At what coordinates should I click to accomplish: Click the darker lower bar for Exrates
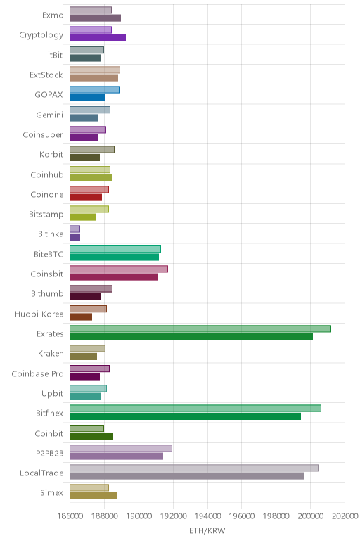click(x=191, y=337)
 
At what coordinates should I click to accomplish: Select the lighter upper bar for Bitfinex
click(x=195, y=408)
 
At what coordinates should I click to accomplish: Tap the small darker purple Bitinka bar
click(x=75, y=237)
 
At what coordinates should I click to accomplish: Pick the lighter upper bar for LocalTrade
click(x=194, y=468)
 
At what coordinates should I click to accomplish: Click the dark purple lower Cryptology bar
click(x=98, y=38)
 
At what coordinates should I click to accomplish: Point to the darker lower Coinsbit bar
click(x=114, y=277)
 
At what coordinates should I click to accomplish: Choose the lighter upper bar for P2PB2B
click(x=121, y=448)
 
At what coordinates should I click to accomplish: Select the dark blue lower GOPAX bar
click(x=87, y=98)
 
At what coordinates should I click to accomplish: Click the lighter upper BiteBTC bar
click(x=115, y=249)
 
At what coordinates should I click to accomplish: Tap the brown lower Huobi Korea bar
click(x=81, y=317)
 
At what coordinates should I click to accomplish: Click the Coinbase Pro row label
click(x=38, y=374)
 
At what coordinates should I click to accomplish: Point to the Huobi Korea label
click(x=39, y=314)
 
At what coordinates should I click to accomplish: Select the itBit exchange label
click(x=56, y=55)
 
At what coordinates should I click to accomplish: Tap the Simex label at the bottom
click(x=51, y=493)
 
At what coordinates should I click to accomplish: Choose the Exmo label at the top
click(x=53, y=15)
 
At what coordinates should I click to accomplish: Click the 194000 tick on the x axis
click(x=207, y=516)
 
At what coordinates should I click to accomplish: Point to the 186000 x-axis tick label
click(x=70, y=516)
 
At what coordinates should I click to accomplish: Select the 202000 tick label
click(x=345, y=516)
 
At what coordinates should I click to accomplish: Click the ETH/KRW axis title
click(x=207, y=530)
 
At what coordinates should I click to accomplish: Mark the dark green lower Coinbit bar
click(x=91, y=436)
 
